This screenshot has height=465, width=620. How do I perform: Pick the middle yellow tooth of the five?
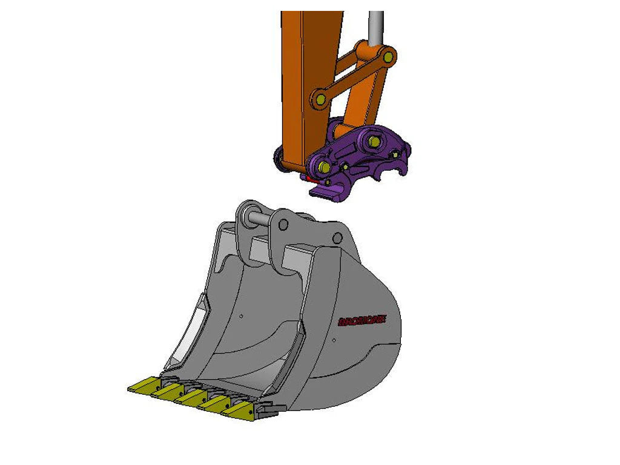pos(191,398)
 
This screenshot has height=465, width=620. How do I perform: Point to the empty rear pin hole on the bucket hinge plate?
pos(337,237)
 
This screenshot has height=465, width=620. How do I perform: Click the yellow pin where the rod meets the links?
pos(388,58)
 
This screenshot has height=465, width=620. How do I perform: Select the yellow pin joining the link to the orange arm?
pos(320,97)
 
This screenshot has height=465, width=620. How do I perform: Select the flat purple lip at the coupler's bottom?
pos(327,192)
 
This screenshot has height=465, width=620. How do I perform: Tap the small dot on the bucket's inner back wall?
pos(241,315)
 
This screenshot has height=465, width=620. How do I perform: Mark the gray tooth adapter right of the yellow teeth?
pos(266,409)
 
